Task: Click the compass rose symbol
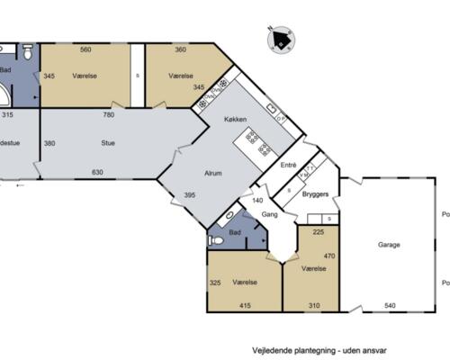[x=283, y=39]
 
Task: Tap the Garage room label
[x=389, y=245]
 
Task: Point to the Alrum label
[x=212, y=174]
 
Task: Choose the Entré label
[x=288, y=165]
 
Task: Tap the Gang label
[x=268, y=216]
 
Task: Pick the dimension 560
[x=86, y=49]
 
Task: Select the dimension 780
[x=108, y=114]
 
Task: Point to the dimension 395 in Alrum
[x=190, y=194]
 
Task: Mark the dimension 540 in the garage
[x=389, y=305]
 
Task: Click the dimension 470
[x=329, y=255]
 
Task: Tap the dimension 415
[x=246, y=305]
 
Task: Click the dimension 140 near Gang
[x=256, y=200]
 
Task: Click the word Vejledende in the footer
[x=274, y=346]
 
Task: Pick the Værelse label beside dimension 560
[x=85, y=76]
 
